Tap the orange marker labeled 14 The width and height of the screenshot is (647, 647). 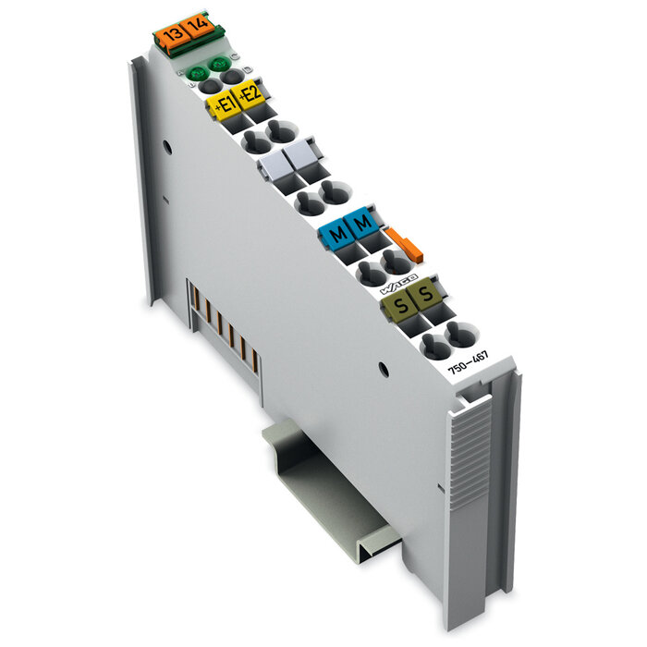click(x=196, y=28)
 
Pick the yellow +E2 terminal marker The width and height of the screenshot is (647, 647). click(x=250, y=94)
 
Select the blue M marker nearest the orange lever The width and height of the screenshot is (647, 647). click(x=362, y=222)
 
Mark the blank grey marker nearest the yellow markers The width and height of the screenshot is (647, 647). click(x=273, y=167)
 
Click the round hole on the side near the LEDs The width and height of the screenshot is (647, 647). click(x=166, y=147)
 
